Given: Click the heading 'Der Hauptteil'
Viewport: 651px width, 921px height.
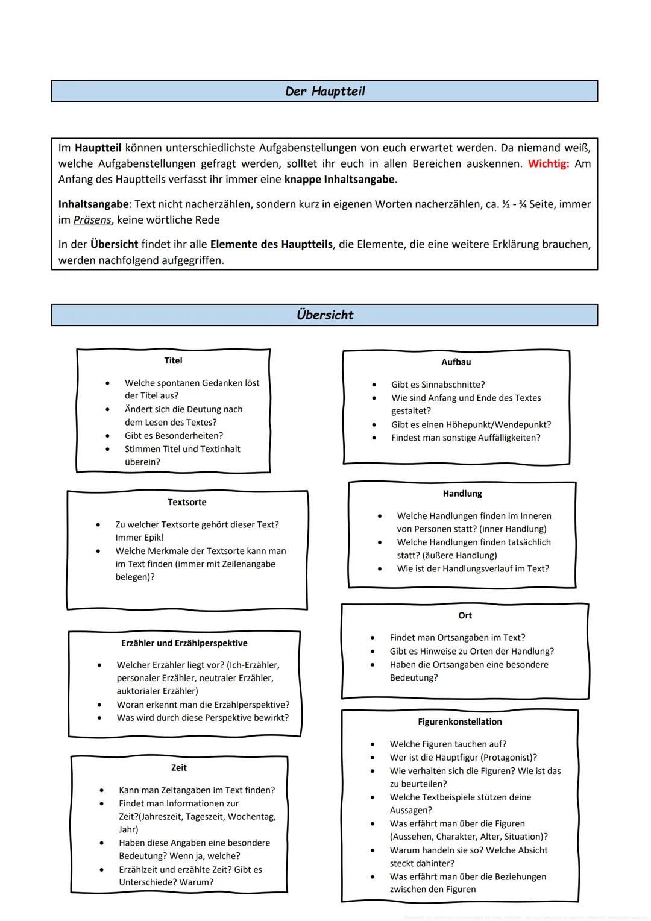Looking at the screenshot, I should (x=325, y=92).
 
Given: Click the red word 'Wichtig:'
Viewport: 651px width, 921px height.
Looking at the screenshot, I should (x=548, y=164).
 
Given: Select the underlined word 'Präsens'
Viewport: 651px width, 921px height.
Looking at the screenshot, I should (x=92, y=220).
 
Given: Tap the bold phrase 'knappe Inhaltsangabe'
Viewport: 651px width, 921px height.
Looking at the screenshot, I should (x=339, y=180).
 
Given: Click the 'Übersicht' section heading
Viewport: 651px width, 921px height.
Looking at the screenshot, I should (x=325, y=315).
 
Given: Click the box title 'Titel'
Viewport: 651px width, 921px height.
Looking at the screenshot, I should (x=173, y=360).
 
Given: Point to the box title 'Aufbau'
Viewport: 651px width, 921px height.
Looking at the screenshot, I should (x=456, y=362).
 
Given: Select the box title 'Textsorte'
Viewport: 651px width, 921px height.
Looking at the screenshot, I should (x=187, y=502).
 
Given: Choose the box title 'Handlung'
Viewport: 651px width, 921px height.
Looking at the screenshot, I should (x=462, y=494).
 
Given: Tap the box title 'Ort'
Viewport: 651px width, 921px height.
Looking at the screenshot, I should (x=465, y=615).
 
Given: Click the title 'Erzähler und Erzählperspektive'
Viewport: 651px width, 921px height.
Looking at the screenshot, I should (x=184, y=643).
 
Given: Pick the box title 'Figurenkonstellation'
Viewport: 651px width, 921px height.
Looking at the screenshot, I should (x=459, y=721).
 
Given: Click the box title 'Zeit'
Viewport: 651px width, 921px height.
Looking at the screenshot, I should (x=178, y=768).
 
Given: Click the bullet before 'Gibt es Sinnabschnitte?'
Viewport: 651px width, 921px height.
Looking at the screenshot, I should (x=374, y=385).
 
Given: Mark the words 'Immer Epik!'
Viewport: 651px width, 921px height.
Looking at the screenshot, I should (x=139, y=538).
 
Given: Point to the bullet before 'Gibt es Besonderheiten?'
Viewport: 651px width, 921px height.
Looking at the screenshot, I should (x=107, y=436).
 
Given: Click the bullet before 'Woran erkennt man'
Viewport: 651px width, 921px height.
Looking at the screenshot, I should (x=99, y=705).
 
